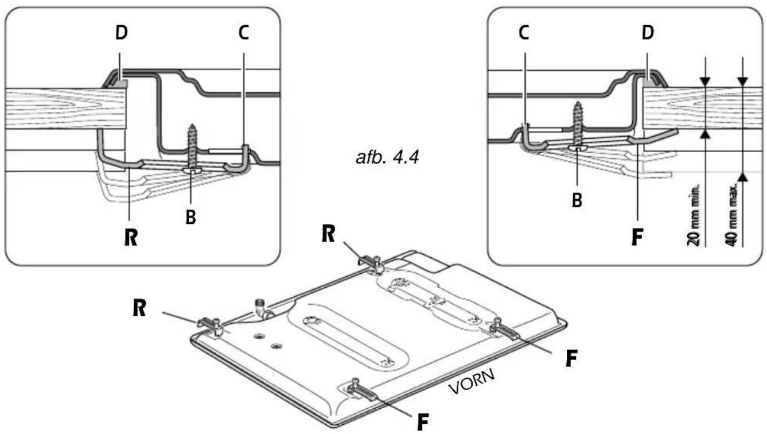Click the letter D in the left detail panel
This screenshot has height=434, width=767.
point(122,33)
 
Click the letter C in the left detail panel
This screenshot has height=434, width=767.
point(243,33)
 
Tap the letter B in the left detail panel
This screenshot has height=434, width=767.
point(190,217)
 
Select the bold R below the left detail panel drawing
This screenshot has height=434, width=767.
point(131,237)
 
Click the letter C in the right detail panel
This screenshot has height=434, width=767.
point(524,33)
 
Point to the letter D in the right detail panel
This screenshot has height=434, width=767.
point(648,33)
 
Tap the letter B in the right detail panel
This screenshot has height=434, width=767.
point(577,200)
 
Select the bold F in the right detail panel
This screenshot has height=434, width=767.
point(637,237)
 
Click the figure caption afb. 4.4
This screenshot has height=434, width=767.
point(387,158)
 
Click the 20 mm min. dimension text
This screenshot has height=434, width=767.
point(694,215)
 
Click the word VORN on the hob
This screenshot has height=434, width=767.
point(472,381)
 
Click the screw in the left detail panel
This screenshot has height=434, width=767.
point(193,149)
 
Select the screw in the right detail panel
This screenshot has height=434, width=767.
point(578,126)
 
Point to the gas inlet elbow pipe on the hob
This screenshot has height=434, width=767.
point(262,308)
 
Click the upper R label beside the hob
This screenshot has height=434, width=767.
point(328,235)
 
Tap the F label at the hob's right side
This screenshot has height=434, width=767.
point(571,359)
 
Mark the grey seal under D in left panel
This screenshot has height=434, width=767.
point(120,83)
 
